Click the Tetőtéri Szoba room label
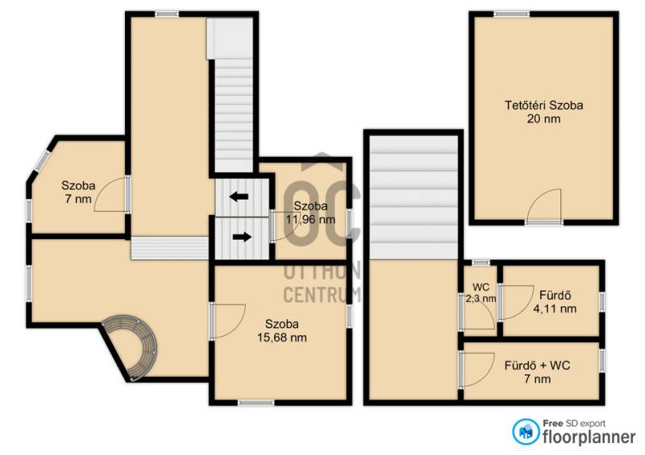543,105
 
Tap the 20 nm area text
543,119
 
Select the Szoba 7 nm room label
78,192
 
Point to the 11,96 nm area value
310,220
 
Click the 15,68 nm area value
281,337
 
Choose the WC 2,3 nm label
481,292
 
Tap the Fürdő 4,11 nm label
555,302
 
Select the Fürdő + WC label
537,365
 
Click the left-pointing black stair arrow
239,196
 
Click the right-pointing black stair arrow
243,237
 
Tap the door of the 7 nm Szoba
111,194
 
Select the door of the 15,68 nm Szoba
228,321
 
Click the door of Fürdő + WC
477,369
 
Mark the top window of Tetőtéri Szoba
512,14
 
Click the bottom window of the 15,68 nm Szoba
256,403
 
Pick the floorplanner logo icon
526,432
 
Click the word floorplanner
589,436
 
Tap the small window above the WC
481,263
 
